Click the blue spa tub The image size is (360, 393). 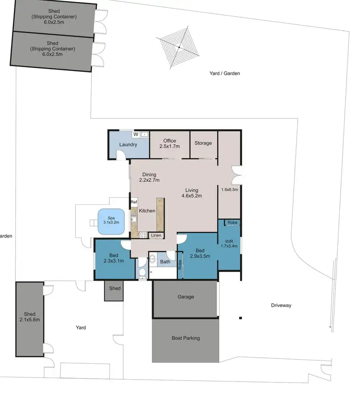pos(111,222)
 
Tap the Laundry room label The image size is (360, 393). pos(128,144)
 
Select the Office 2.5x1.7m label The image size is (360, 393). pos(169,143)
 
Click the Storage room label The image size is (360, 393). pos(204,143)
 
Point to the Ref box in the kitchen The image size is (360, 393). pos(134,202)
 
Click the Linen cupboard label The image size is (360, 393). pos(156,235)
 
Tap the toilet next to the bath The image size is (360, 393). pos(142,274)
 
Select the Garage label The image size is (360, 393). pos(186,297)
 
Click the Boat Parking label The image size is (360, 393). pos(185,338)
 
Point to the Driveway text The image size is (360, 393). pos(281,305)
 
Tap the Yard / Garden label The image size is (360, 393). pos(224,73)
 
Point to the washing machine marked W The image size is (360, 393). pos(136,134)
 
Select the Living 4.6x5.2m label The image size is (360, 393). pos(192,193)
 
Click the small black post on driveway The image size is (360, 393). pos(240,318)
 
